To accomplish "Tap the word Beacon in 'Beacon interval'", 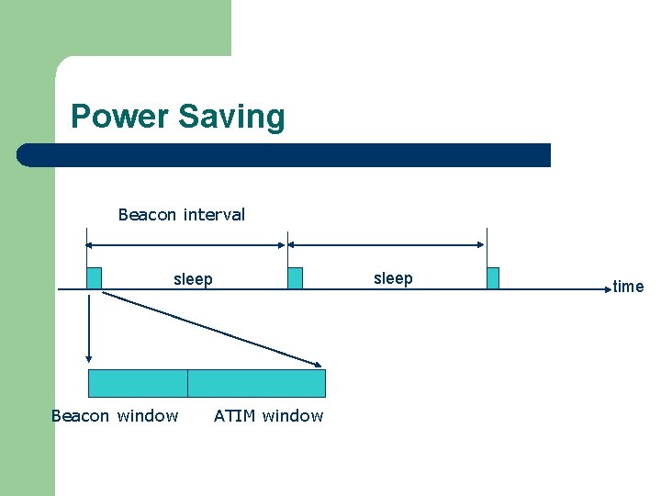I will (x=148, y=215).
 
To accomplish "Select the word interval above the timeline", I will (x=214, y=215).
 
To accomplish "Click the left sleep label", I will (x=193, y=279).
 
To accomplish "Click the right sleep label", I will (x=393, y=278).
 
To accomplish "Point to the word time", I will (x=628, y=287).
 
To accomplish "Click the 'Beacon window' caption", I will (x=115, y=416).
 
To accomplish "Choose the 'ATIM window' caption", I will (x=268, y=416).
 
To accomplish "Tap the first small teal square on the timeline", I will (x=94, y=278).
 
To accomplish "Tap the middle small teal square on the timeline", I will (x=295, y=278).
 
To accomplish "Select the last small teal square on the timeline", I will (x=493, y=278).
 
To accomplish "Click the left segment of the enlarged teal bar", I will (x=138, y=383).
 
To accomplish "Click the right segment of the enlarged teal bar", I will (x=256, y=383).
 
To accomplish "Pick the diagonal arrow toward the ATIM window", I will (x=211, y=328).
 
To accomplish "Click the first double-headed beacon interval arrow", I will (x=185, y=245).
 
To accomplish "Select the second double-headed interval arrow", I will (x=387, y=245).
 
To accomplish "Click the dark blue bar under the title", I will (x=285, y=155).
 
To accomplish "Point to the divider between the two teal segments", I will (x=187, y=383).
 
